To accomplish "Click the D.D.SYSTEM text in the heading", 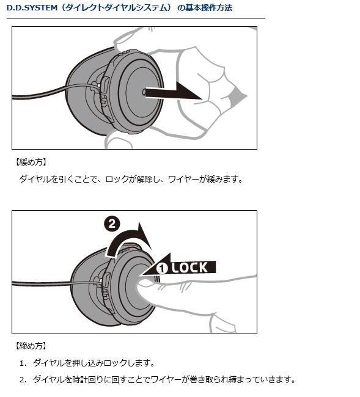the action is tap(32, 8).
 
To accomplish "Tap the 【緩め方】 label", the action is tap(31, 162).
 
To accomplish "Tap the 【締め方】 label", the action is tap(31, 346).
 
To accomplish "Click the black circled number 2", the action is tap(112, 224).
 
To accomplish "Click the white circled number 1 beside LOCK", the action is tap(162, 268).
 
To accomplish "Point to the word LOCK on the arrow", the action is tap(189, 268).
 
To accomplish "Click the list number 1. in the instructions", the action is tap(23, 363).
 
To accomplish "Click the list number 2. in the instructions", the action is tap(23, 380).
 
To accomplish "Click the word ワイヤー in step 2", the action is tap(166, 379).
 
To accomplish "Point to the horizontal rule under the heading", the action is tap(136, 18).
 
